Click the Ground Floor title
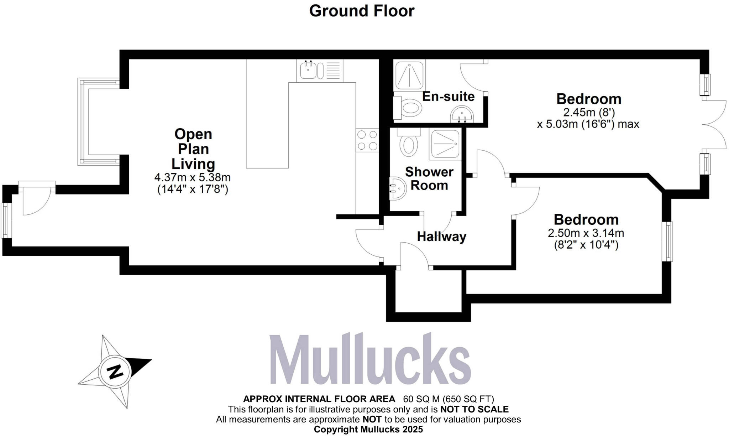(362, 11)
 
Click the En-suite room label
(448, 96)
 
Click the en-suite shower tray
(409, 76)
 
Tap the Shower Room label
(429, 178)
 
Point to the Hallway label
(441, 237)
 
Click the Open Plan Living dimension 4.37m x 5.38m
(192, 177)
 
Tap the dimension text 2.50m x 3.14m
(586, 233)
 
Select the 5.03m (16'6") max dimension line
(588, 124)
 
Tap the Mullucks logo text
(370, 360)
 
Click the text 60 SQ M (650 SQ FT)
(448, 399)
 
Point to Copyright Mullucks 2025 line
(368, 429)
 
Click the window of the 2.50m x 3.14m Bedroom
(669, 241)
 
